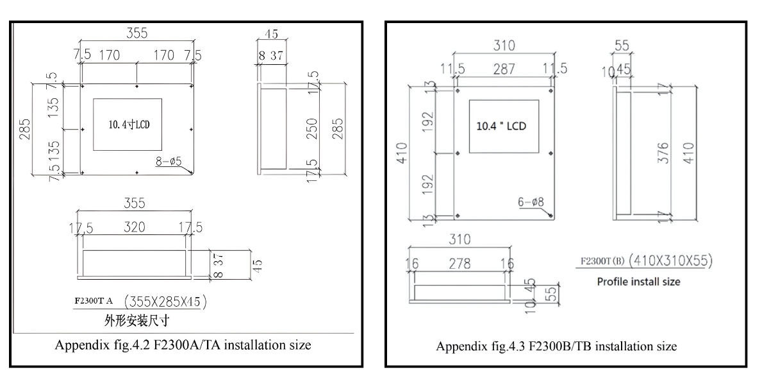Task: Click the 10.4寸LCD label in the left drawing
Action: click(x=128, y=124)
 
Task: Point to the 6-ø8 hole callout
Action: click(x=531, y=201)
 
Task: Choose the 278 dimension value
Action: click(x=459, y=264)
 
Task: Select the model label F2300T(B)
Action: click(x=602, y=261)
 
